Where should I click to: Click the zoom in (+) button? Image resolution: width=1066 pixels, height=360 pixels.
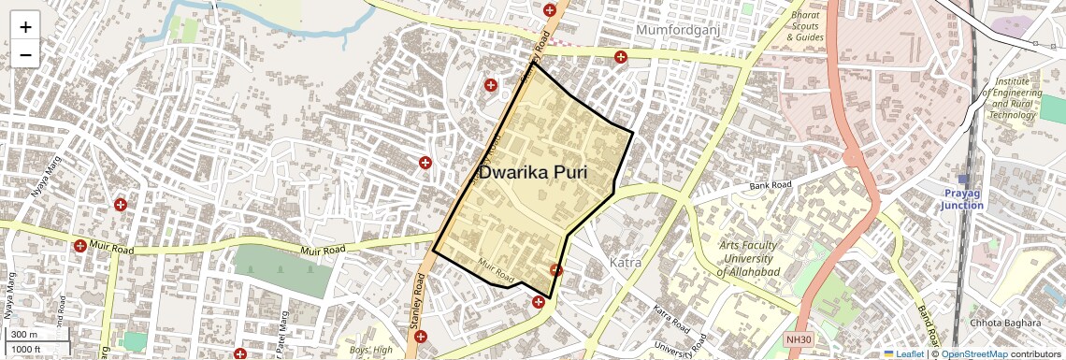[25, 27]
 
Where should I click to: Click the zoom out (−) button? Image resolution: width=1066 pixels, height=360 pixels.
[25, 54]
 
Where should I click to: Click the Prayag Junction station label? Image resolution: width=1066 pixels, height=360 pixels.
[962, 198]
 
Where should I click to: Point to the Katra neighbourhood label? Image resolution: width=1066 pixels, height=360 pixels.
[625, 263]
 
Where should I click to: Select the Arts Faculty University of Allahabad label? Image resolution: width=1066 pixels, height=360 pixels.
[748, 258]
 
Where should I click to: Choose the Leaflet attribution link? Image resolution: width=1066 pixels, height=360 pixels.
[903, 354]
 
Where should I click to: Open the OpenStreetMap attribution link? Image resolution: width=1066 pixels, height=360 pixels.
[973, 354]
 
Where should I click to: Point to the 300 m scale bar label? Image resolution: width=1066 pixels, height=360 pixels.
[24, 335]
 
